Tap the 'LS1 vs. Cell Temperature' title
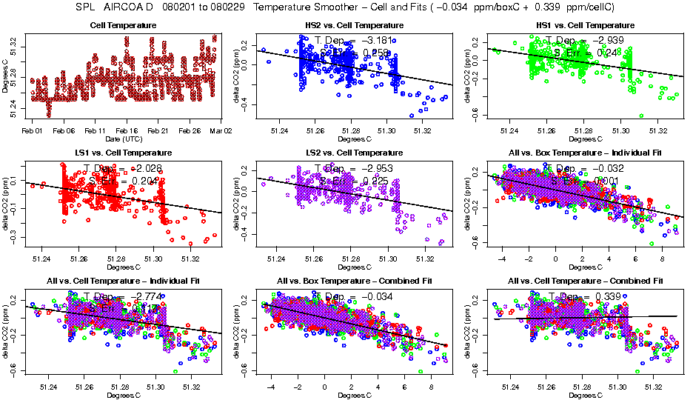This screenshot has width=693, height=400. pos(123,153)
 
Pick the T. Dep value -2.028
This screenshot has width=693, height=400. pos(153,168)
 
